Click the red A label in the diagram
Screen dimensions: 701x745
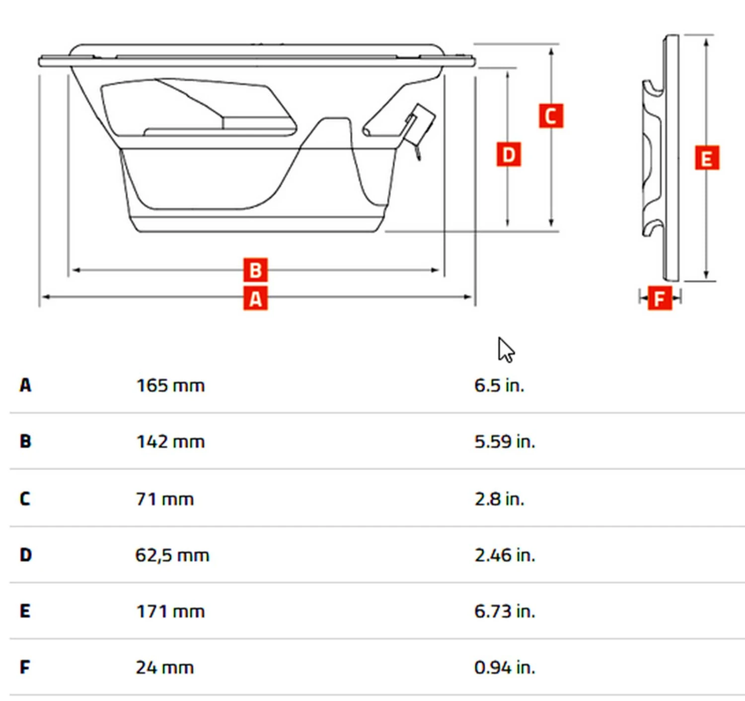(255, 298)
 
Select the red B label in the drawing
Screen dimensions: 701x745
(255, 270)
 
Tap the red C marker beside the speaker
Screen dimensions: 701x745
(551, 116)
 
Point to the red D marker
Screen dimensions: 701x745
(509, 154)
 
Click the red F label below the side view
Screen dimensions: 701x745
(660, 298)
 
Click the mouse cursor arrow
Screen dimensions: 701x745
(505, 350)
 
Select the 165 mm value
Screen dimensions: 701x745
(170, 385)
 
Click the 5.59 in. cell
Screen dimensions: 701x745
(505, 441)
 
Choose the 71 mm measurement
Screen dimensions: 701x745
(164, 498)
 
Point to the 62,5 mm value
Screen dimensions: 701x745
(172, 555)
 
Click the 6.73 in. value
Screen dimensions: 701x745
(505, 611)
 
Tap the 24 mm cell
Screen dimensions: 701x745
(164, 667)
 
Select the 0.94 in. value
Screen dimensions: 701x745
(505, 667)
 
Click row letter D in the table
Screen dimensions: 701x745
(26, 555)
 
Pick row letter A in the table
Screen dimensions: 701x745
(25, 385)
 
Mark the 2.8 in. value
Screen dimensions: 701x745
(499, 498)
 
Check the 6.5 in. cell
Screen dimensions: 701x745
(499, 385)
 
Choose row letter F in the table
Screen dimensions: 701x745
(25, 667)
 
